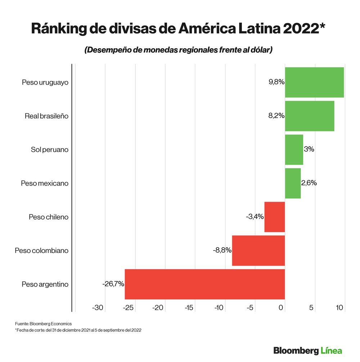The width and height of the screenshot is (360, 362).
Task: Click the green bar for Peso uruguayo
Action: point(314,82)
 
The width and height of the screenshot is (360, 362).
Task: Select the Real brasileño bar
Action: point(310,116)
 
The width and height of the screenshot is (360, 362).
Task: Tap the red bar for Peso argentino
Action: point(204,284)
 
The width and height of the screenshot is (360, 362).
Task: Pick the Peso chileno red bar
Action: point(275,217)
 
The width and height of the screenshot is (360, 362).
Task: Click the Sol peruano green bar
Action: point(294,150)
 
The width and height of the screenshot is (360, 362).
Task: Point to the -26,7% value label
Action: point(113,284)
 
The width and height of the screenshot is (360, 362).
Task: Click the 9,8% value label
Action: point(276,82)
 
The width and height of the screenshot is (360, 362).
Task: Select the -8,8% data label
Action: point(222,250)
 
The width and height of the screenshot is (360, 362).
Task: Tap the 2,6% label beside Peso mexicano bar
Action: point(309,183)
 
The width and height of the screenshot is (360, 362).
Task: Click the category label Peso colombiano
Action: point(41,250)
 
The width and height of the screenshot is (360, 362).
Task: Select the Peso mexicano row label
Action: point(44,183)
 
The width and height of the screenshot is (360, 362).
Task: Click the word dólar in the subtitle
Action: point(259,50)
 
